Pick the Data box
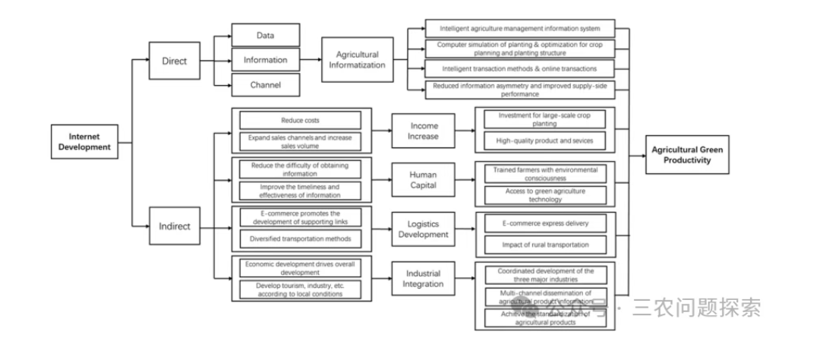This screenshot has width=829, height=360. [x=265, y=35]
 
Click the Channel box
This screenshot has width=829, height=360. [x=265, y=85]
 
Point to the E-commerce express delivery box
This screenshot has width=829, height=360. [x=546, y=223]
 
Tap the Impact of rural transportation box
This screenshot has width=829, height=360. [x=546, y=245]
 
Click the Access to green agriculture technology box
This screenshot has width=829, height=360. [x=546, y=195]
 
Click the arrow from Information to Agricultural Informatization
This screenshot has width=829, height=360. [x=312, y=59]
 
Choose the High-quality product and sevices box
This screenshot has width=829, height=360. [x=546, y=141]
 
